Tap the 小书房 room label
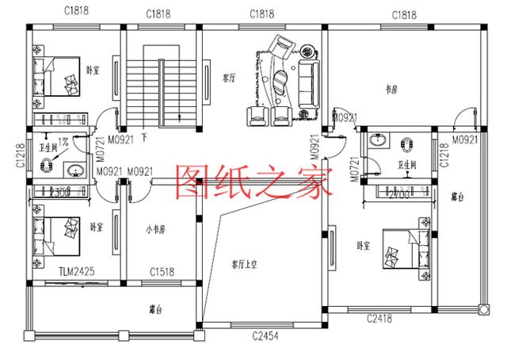[x=155, y=231]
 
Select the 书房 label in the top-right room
[x=391, y=90]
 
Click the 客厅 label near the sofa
[x=230, y=78]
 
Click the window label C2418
[x=381, y=318]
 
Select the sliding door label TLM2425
[x=77, y=272]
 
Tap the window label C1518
[x=162, y=272]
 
